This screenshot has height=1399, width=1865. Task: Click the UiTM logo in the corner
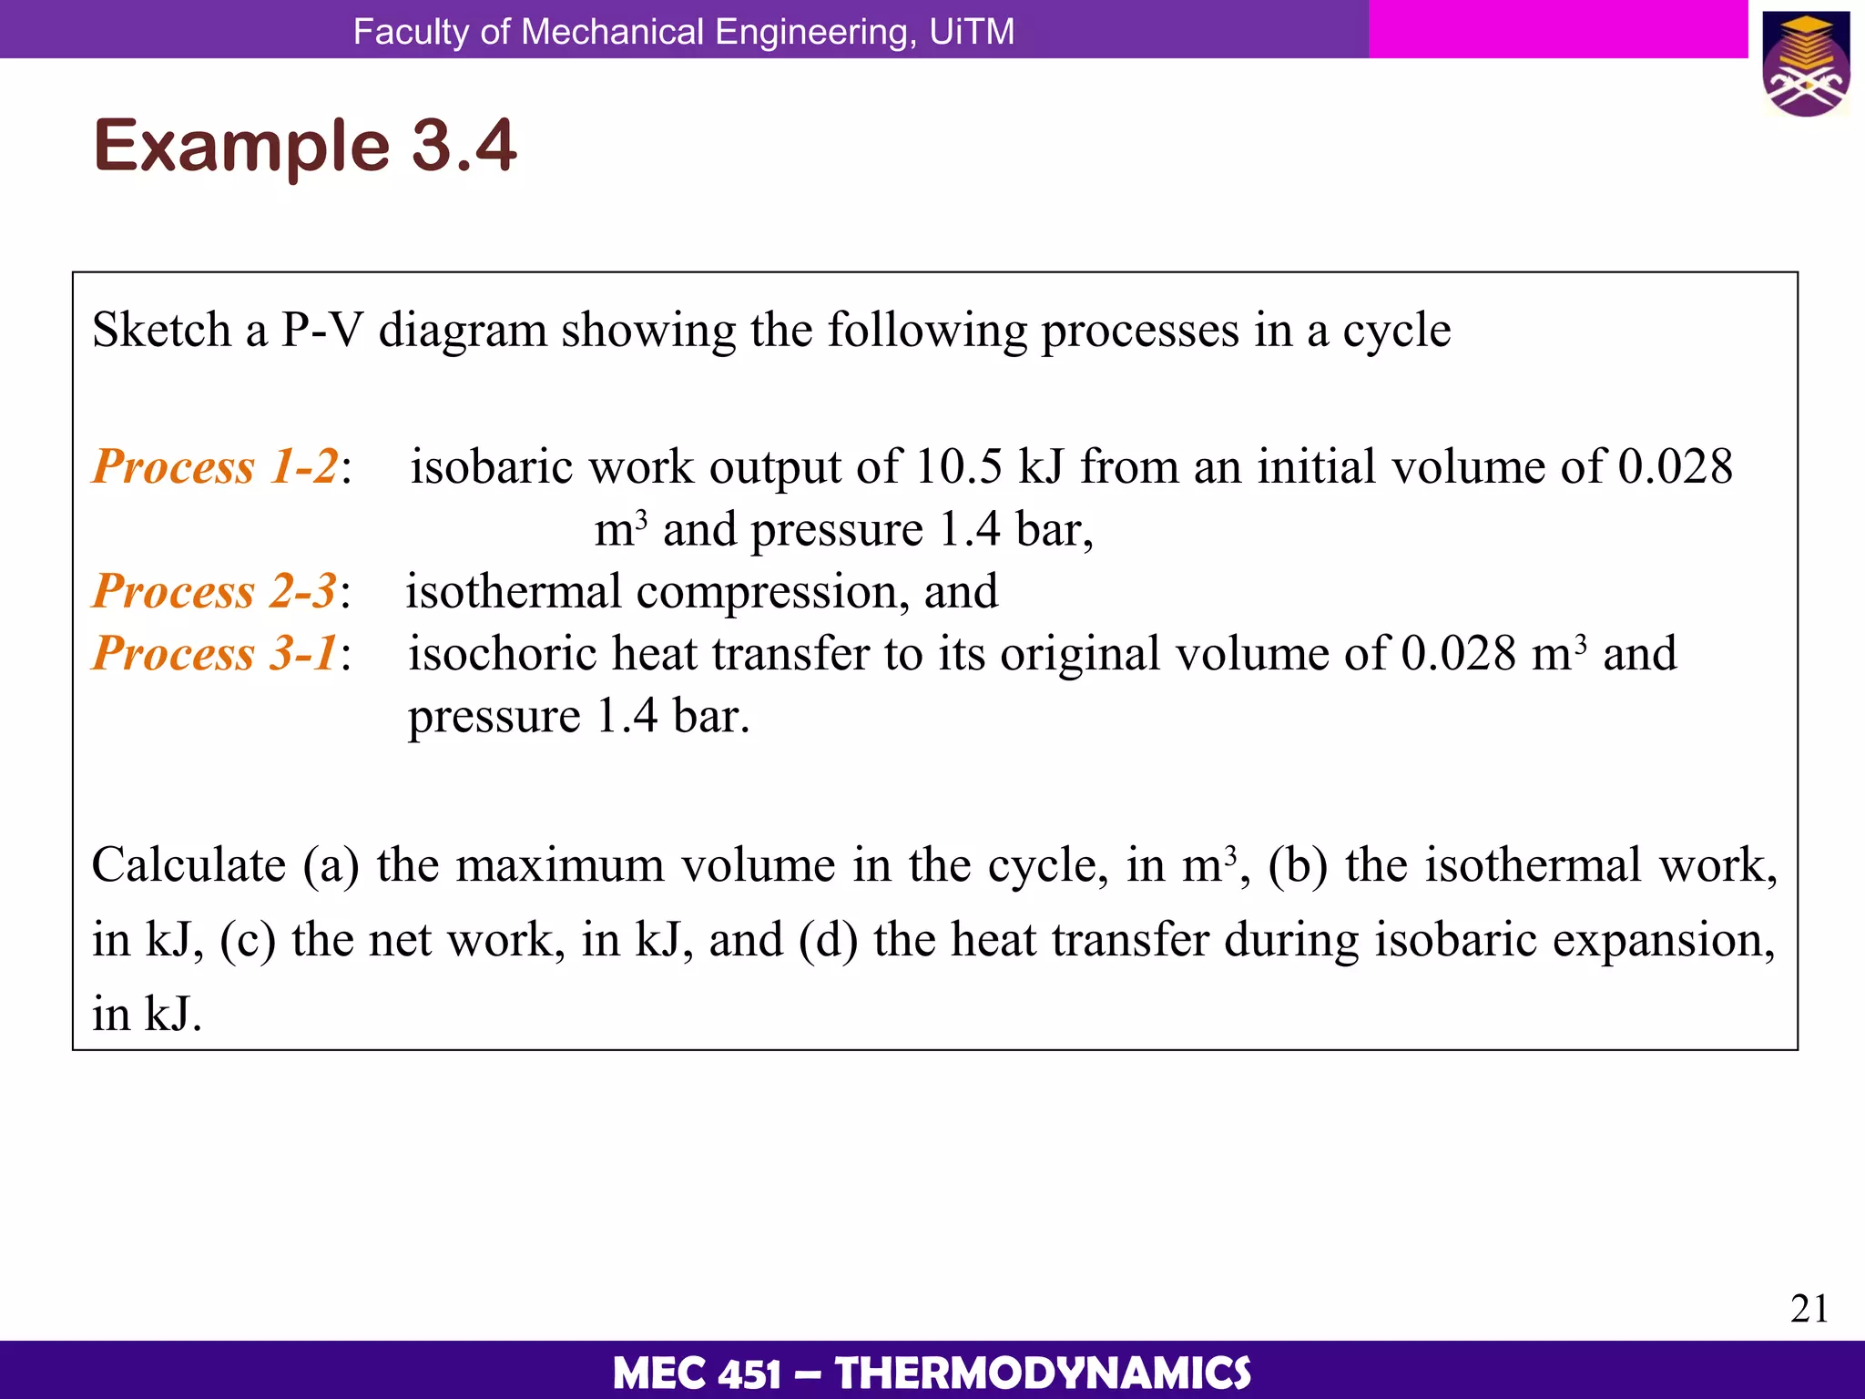click(1806, 64)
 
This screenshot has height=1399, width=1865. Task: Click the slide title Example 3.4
click(305, 145)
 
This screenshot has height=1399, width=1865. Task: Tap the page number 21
click(1809, 1309)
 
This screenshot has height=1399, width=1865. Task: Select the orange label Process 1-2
click(216, 466)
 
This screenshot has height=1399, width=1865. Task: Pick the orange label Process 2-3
click(215, 590)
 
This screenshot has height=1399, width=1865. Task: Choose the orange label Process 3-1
click(215, 653)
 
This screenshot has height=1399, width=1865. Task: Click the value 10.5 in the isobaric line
click(959, 466)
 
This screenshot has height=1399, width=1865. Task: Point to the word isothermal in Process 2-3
click(513, 591)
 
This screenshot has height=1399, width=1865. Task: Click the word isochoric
click(502, 653)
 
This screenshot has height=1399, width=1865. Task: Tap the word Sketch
click(161, 330)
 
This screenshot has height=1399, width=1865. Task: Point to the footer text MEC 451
click(697, 1373)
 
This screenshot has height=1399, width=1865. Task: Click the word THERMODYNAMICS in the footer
click(1043, 1373)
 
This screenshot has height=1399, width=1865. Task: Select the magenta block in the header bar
click(1557, 29)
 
